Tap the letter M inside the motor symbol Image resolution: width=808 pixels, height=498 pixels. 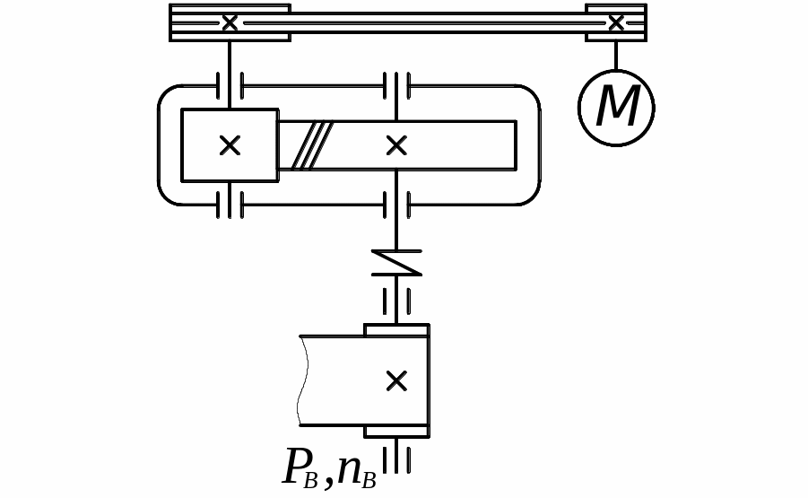[x=617, y=108]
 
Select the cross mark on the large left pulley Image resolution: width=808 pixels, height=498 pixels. [x=230, y=22]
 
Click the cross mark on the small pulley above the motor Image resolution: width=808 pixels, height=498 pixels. [x=616, y=22]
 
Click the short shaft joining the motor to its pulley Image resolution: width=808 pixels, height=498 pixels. [x=616, y=55]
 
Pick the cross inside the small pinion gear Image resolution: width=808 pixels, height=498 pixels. [x=230, y=145]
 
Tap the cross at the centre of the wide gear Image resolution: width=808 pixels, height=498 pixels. [x=396, y=145]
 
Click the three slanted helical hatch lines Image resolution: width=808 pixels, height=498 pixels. [x=312, y=145]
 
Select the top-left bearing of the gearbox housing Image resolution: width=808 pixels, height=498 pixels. [x=230, y=86]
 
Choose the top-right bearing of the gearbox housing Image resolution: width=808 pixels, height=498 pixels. [x=396, y=86]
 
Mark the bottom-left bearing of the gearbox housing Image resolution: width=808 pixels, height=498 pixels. [x=230, y=205]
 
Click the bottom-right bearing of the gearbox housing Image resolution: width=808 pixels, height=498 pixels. [x=396, y=205]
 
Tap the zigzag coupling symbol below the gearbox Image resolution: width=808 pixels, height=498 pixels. [x=396, y=262]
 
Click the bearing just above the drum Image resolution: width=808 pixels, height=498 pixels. [x=396, y=301]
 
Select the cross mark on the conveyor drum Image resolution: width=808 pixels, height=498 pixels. [x=396, y=380]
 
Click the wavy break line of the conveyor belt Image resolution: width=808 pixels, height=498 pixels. [x=302, y=380]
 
